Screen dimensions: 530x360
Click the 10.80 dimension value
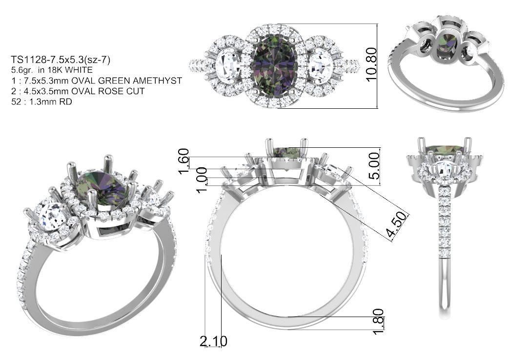pos(371,64)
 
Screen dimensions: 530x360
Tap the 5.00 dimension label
pos(374,166)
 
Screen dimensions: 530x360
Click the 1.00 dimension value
pos(202,180)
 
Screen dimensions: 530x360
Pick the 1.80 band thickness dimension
pos(378,321)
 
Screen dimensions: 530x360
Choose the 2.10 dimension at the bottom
pos(213,341)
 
